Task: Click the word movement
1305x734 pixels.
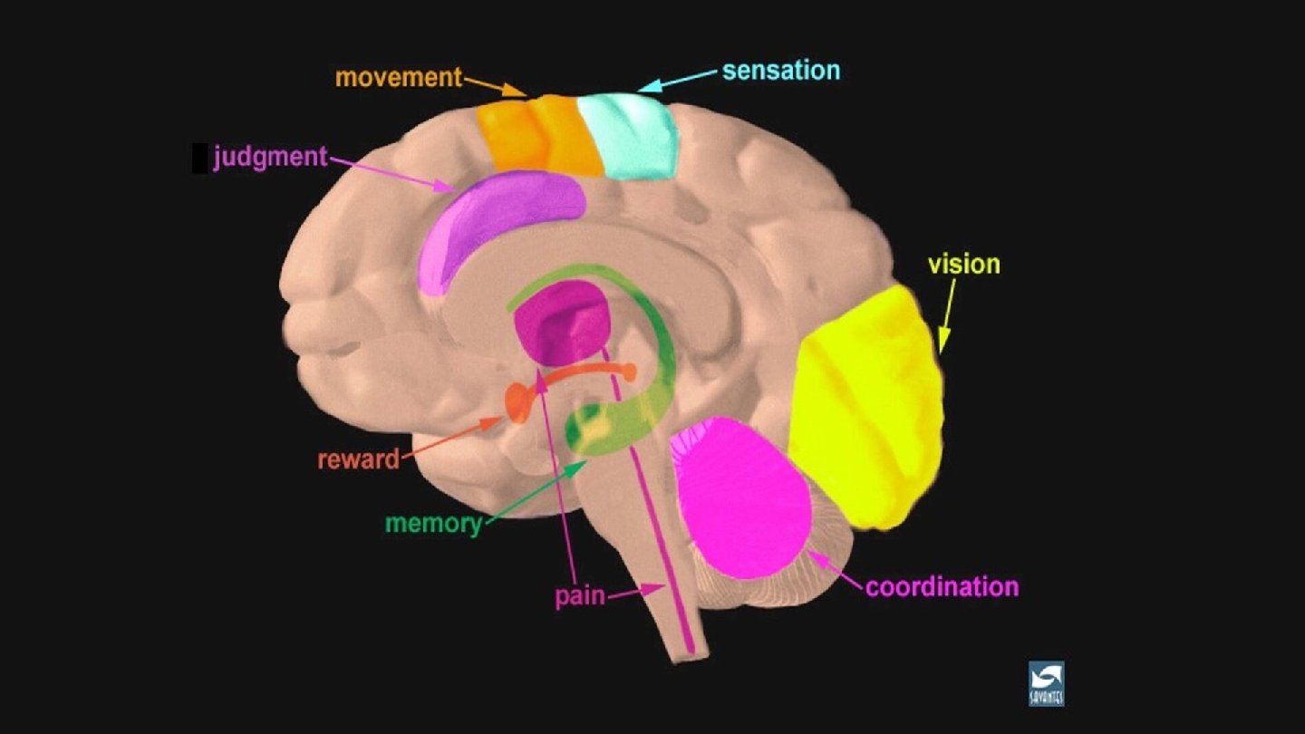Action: [399, 77]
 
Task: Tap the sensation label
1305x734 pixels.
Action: [780, 70]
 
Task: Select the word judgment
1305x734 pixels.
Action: [270, 158]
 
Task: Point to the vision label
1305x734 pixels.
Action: [963, 265]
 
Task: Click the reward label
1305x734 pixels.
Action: [358, 459]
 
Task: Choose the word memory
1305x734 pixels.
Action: [433, 524]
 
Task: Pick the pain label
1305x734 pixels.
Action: [580, 597]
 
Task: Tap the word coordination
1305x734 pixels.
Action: [942, 587]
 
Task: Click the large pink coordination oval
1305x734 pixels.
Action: [743, 498]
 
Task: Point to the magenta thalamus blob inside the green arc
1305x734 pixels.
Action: [560, 323]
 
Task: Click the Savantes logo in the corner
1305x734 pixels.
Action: [1046, 683]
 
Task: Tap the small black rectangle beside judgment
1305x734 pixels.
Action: [199, 158]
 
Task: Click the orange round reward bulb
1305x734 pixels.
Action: [517, 401]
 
